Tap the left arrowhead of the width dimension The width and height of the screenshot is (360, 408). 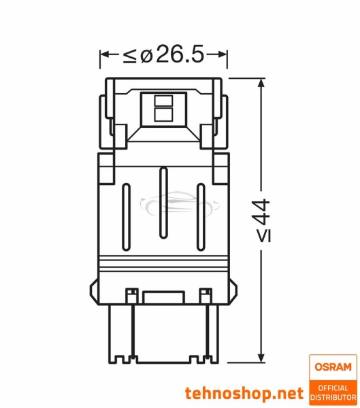coord(104,54)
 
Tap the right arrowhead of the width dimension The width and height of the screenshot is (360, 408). coord(223,54)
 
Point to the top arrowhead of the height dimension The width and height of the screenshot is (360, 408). coord(261,84)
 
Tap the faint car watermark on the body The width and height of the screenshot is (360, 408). coord(163,204)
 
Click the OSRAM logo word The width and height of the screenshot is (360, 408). coord(333,367)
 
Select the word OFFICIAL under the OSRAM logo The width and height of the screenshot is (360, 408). coord(333,386)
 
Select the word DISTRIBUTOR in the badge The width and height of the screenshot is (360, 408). coord(333,396)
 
